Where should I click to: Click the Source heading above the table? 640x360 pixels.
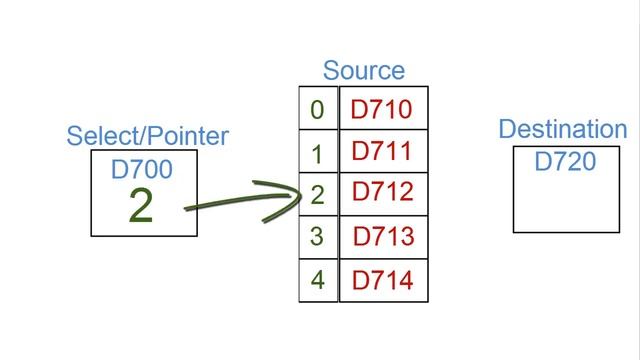(x=363, y=71)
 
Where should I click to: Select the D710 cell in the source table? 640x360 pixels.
(x=381, y=108)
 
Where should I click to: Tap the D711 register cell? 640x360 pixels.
(x=382, y=151)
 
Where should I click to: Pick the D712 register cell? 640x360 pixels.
(x=382, y=193)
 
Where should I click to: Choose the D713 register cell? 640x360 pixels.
(x=383, y=237)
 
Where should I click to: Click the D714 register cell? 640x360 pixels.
(x=383, y=280)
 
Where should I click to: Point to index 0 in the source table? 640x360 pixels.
(x=318, y=109)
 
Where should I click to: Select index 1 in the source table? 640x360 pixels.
(x=318, y=153)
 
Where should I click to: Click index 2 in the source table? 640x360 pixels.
(x=318, y=194)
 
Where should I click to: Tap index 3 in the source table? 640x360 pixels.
(x=318, y=238)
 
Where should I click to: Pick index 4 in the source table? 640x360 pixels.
(x=318, y=280)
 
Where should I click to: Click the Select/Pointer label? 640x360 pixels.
(x=147, y=136)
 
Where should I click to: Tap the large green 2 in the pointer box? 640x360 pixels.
(x=141, y=205)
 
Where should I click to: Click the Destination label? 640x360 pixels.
(x=562, y=129)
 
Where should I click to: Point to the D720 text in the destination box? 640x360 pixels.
(x=565, y=161)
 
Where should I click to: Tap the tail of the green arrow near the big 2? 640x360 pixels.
(x=188, y=209)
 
